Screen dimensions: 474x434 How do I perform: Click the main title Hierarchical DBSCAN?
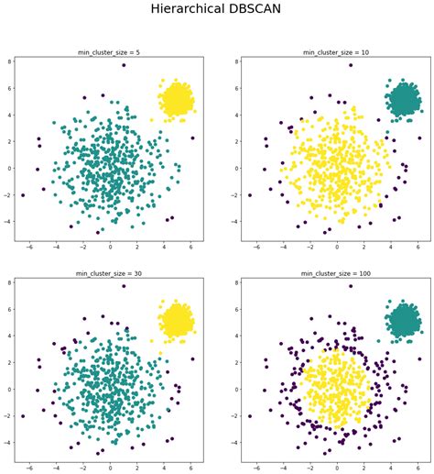[x=217, y=11]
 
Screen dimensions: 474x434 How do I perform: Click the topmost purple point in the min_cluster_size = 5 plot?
[x=124, y=65]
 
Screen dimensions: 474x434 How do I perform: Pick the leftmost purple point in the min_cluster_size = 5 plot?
[x=23, y=195]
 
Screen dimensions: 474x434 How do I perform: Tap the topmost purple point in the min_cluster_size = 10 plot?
[x=349, y=65]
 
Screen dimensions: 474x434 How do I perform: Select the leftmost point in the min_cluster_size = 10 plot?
[x=248, y=195]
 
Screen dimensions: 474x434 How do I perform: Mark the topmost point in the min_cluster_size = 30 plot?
[x=124, y=287]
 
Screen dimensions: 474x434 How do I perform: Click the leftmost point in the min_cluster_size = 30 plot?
[x=23, y=417]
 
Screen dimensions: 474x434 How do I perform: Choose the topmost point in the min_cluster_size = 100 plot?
[x=349, y=287]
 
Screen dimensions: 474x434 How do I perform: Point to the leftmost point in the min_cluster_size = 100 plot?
[x=248, y=417]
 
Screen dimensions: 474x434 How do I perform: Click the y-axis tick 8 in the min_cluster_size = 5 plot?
[x=8, y=61]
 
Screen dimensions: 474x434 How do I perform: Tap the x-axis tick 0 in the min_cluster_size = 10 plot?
[x=336, y=248]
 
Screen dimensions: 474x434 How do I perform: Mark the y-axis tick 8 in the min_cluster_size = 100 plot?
[x=233, y=283]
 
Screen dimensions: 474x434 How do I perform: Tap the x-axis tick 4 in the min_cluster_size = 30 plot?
[x=165, y=469]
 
